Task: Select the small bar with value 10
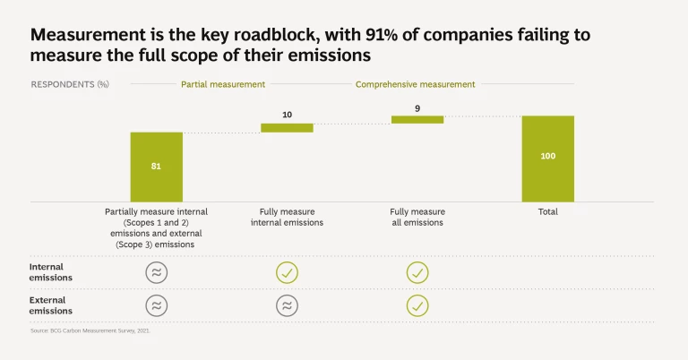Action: point(287,128)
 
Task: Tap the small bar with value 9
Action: point(417,119)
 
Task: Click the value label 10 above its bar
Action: point(287,115)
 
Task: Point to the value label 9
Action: point(417,107)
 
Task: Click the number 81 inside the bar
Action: point(156,167)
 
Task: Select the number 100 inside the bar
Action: point(547,157)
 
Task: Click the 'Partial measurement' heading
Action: point(223,84)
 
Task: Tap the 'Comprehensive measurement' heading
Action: point(416,84)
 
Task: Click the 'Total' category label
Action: point(547,212)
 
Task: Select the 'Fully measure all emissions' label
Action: point(417,218)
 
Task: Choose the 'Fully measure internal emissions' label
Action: point(287,218)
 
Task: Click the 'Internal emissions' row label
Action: point(52,272)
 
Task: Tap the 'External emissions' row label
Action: point(52,305)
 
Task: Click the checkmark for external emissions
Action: point(417,305)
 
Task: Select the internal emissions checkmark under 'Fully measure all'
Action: point(417,272)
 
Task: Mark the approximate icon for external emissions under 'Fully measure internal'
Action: point(287,305)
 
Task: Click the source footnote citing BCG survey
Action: point(90,331)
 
